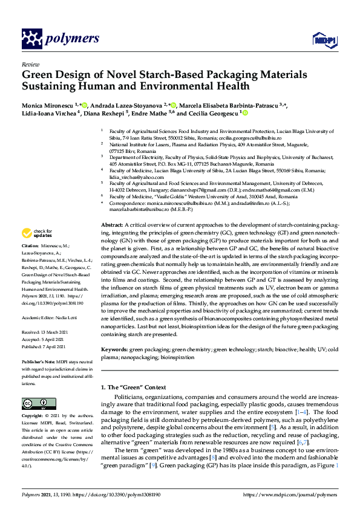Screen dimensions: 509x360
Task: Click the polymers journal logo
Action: [x=60, y=39]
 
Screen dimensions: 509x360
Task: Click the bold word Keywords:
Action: [x=114, y=349]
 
